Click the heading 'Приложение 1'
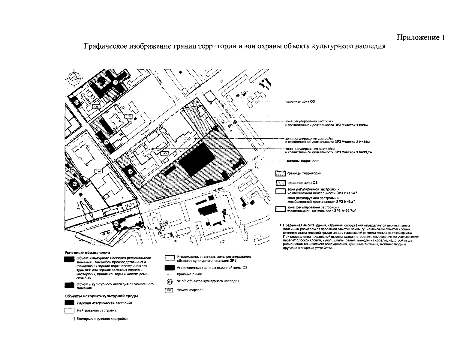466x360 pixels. (421, 37)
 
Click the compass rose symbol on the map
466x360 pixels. (74, 78)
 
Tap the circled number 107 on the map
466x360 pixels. (116, 82)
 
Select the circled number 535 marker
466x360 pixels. (77, 103)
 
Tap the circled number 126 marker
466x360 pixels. (75, 184)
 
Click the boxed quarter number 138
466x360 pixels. (96, 106)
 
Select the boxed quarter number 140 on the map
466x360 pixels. (164, 154)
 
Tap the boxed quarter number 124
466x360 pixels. (99, 171)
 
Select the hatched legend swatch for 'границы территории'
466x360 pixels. (280, 173)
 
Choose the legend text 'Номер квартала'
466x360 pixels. (190, 290)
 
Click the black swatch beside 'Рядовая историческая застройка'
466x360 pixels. (69, 303)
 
